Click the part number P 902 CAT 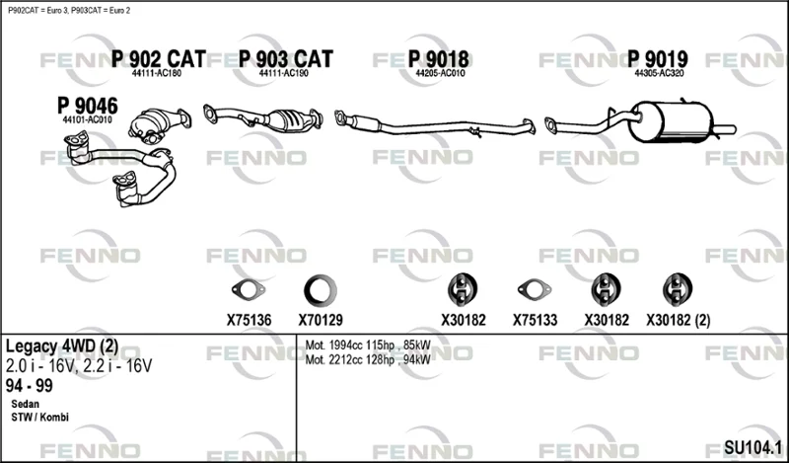158,59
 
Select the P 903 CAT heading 285,59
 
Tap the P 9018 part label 438,59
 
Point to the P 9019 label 657,59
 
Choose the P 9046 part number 88,106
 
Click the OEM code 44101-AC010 87,120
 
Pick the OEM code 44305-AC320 659,73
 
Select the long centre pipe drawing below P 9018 435,124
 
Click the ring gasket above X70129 320,290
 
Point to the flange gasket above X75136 249,289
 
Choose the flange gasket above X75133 535,289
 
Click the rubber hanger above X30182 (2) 678,289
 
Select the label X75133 535,320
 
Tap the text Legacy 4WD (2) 62,347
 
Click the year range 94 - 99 30,386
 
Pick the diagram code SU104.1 753,447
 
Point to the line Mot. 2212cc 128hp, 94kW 368,359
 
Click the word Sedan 26,404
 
